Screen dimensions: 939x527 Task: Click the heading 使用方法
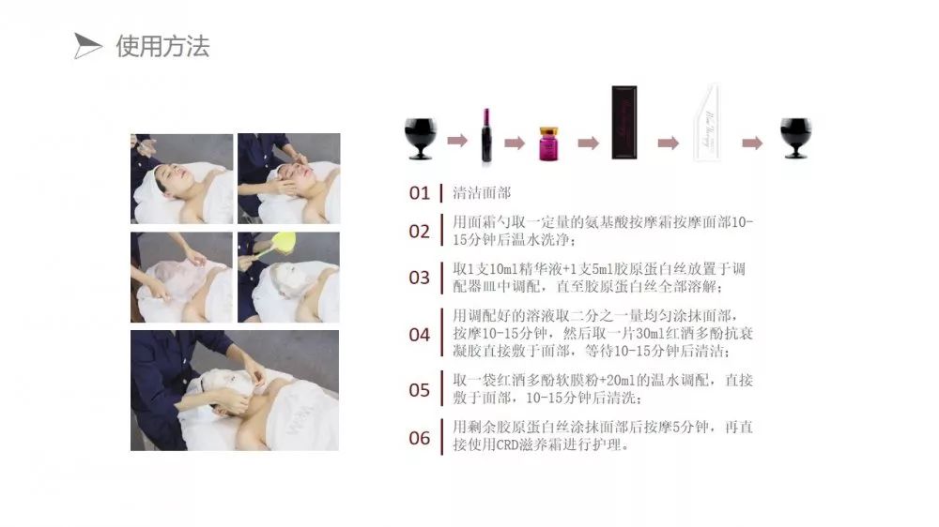[162, 46]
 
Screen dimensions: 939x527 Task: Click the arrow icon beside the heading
[87, 46]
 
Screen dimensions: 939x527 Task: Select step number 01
[419, 193]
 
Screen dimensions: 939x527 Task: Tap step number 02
[419, 231]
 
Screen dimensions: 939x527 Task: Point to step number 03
[419, 278]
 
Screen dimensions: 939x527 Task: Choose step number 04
[419, 335]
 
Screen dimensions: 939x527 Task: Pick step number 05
[419, 390]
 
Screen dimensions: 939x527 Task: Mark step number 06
[419, 438]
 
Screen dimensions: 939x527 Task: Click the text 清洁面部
[482, 192]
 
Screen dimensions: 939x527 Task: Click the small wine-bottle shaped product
[486, 135]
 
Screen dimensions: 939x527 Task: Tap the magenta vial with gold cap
[548, 143]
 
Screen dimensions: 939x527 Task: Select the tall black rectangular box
[624, 123]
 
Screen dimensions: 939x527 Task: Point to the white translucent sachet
[707, 123]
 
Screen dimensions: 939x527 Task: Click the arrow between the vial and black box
[588, 143]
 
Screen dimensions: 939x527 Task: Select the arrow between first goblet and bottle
[457, 141]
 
